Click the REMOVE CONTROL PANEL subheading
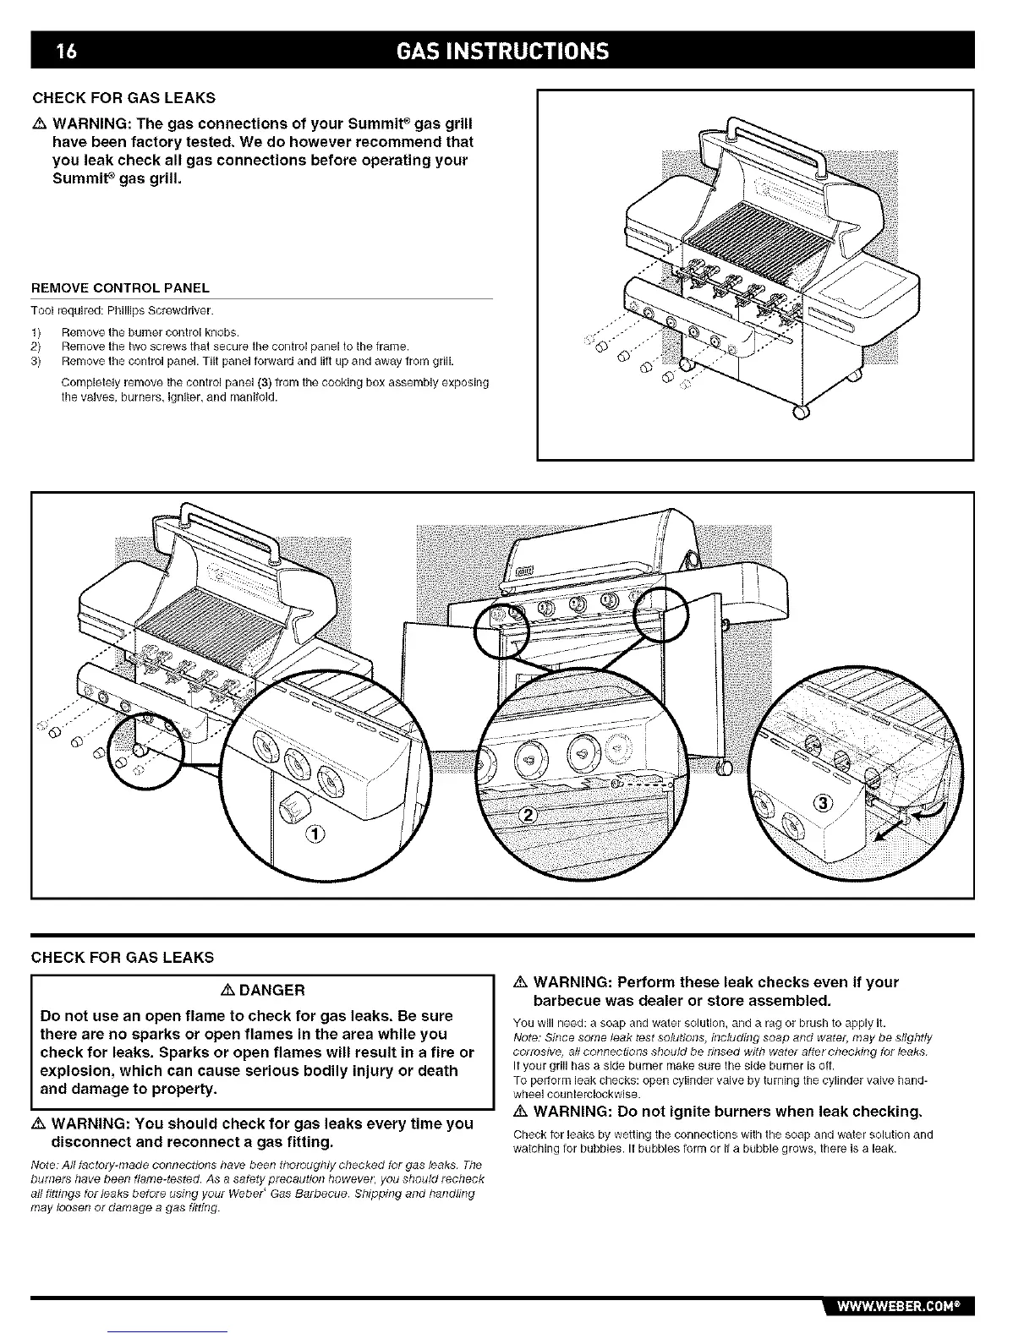(x=120, y=289)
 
